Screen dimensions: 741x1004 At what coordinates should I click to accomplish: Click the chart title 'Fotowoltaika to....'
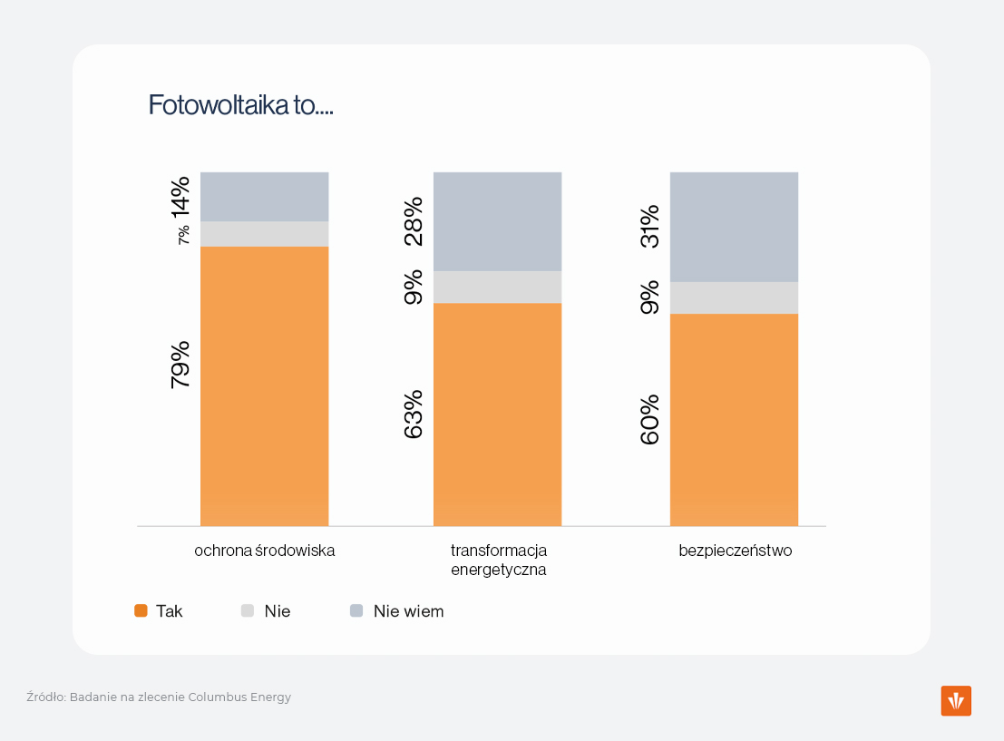tap(241, 105)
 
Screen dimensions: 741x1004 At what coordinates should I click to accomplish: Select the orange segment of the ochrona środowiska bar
tap(264, 385)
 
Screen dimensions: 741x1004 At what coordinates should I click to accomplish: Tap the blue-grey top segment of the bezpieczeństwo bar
tap(734, 227)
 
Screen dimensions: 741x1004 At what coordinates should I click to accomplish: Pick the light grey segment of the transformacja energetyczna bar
tap(497, 287)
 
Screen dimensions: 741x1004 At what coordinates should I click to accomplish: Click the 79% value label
tap(180, 365)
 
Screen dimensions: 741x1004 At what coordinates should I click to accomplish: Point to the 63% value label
tap(413, 414)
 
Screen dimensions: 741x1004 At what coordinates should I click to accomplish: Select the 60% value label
tap(649, 419)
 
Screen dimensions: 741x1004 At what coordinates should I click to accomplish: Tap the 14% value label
tap(180, 196)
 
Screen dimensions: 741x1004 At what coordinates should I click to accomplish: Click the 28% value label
tap(413, 220)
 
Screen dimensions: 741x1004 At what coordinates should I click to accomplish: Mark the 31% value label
tap(649, 227)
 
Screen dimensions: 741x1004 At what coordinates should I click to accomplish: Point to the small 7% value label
tap(183, 234)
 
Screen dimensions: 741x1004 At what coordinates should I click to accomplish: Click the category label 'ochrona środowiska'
tap(264, 551)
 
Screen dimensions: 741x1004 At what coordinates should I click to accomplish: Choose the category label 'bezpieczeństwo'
tap(735, 551)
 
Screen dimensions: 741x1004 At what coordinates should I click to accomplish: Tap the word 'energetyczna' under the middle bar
tap(498, 570)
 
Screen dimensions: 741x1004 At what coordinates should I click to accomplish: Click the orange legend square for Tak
tap(141, 611)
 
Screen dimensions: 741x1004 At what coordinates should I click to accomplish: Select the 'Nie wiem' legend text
tap(408, 611)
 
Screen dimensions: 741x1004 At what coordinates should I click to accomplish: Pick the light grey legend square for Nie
tap(248, 611)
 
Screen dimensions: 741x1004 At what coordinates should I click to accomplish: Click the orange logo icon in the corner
tap(956, 701)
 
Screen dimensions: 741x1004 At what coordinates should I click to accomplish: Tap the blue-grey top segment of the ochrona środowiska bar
tap(264, 197)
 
